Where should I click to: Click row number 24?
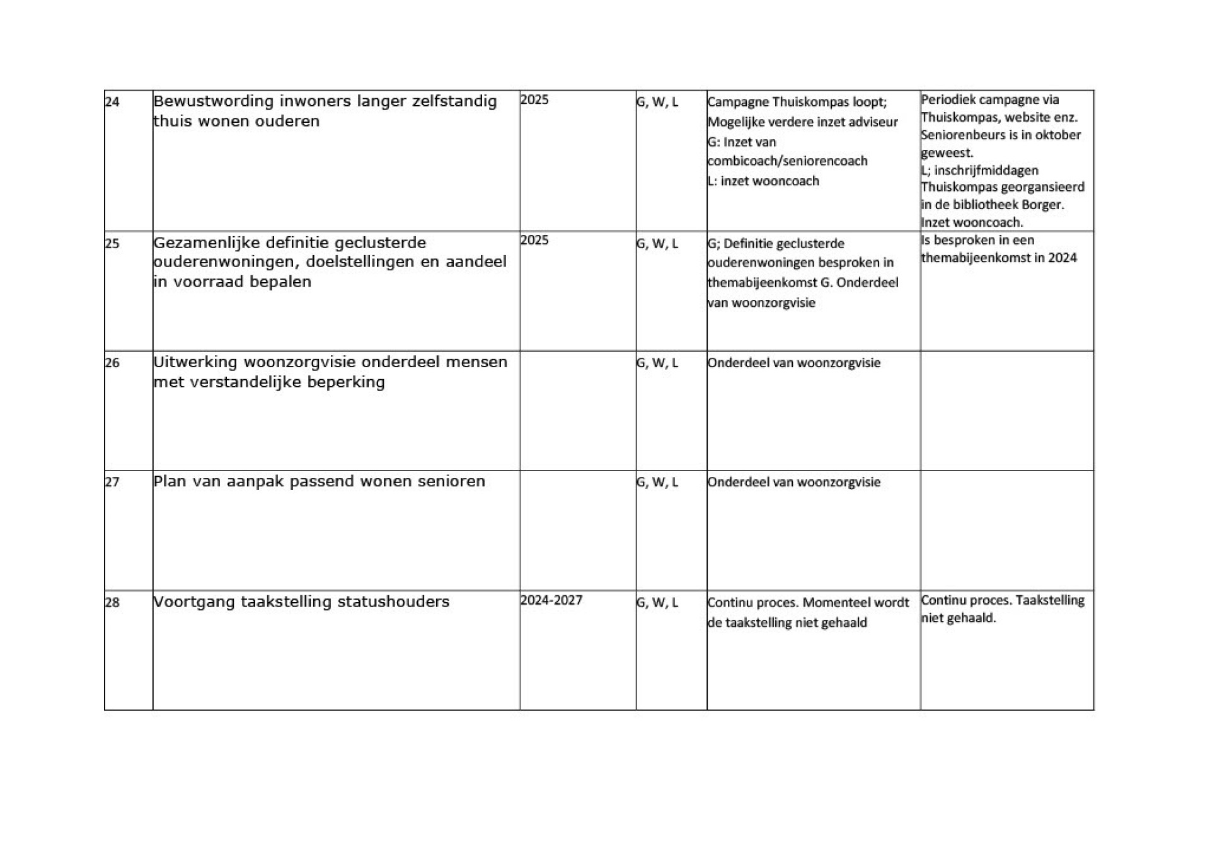[112, 101]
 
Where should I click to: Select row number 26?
[112, 363]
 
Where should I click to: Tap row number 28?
[112, 602]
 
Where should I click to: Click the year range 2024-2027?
[551, 600]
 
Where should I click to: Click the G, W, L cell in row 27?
[657, 482]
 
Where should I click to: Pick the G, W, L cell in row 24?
[657, 101]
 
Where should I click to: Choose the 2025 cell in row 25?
[534, 240]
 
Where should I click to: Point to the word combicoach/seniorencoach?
[788, 161]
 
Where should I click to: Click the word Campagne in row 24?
[738, 102]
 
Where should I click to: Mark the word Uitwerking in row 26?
[195, 362]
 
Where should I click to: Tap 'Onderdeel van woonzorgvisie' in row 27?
[794, 482]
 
